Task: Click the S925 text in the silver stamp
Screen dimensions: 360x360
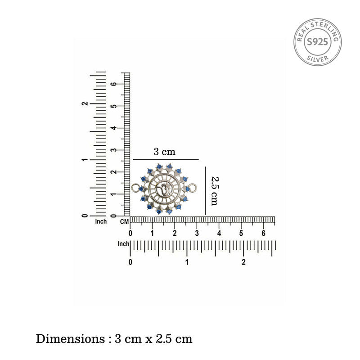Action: point(318,42)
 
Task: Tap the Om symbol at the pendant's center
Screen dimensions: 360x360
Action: point(163,189)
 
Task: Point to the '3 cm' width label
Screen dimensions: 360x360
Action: point(164,152)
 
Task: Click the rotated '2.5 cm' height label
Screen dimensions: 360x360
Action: point(215,191)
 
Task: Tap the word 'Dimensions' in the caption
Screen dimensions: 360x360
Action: point(70,339)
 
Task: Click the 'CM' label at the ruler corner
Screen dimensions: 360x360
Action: point(125,222)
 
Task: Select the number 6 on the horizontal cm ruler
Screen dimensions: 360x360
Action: point(263,233)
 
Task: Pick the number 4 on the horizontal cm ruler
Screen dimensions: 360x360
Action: point(219,233)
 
